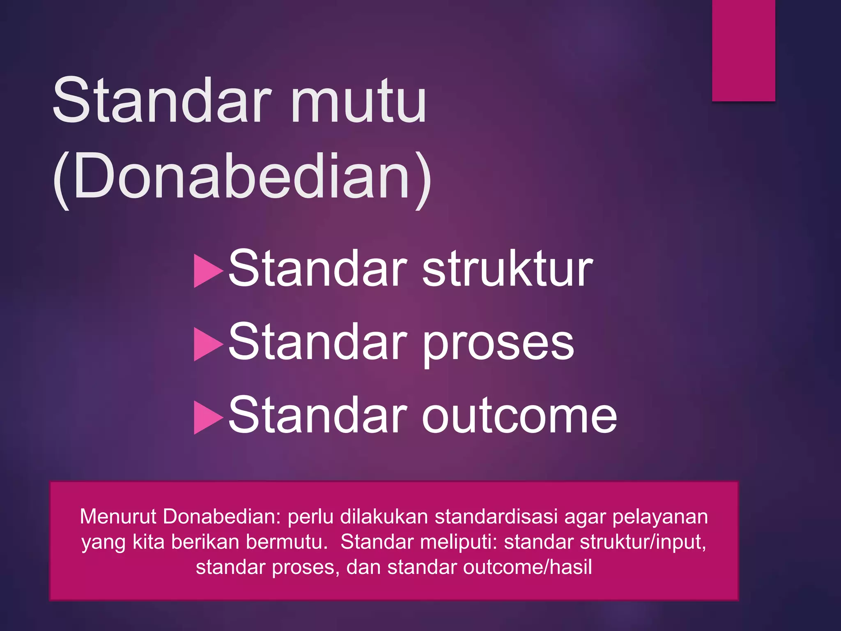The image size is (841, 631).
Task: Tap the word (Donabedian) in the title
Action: click(x=242, y=177)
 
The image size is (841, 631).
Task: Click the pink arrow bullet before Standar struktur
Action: click(x=207, y=271)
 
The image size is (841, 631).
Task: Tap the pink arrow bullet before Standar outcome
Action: click(x=207, y=418)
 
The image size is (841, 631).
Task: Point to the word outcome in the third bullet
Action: click(x=519, y=416)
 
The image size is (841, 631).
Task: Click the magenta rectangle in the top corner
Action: click(x=743, y=50)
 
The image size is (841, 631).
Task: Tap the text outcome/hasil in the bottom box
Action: click(x=527, y=567)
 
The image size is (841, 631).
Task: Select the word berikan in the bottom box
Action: click(x=205, y=542)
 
